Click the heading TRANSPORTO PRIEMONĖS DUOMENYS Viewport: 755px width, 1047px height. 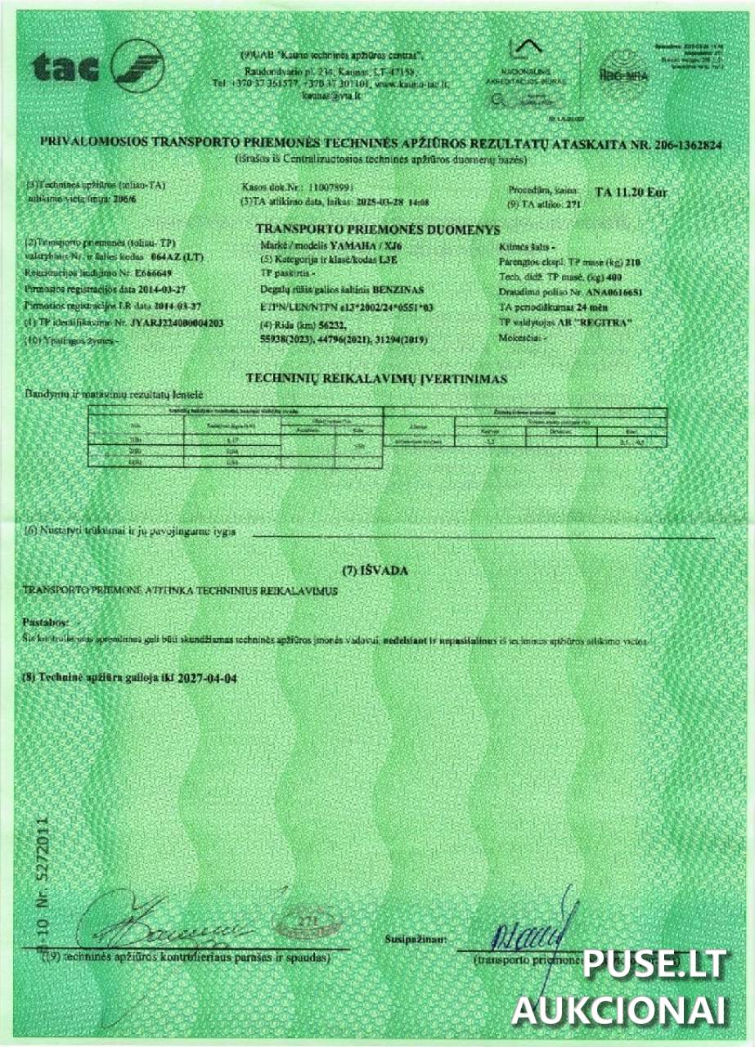[x=377, y=230]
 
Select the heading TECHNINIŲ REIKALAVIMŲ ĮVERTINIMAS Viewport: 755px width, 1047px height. [x=376, y=379]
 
